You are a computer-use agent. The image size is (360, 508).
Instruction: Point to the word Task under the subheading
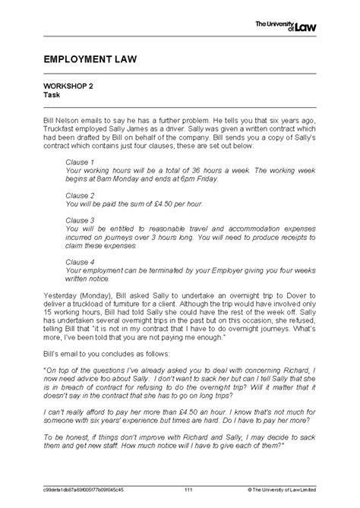tap(52, 96)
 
